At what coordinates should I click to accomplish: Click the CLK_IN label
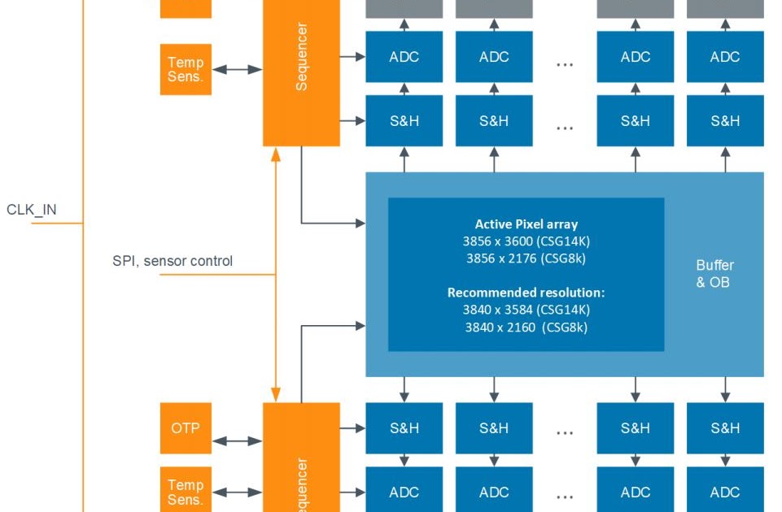(x=32, y=210)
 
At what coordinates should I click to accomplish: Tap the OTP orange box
(x=186, y=428)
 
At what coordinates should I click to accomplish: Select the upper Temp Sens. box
(x=186, y=69)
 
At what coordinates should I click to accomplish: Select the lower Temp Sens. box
(x=186, y=492)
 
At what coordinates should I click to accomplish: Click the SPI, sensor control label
(x=173, y=261)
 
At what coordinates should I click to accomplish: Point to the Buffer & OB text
(x=714, y=274)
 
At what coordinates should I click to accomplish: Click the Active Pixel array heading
(x=526, y=224)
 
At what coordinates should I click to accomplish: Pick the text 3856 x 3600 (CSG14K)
(x=526, y=241)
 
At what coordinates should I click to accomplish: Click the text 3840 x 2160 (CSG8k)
(x=526, y=328)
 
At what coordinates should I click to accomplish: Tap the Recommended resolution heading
(x=526, y=293)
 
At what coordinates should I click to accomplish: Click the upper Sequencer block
(x=301, y=73)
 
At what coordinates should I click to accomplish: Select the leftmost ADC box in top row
(x=404, y=57)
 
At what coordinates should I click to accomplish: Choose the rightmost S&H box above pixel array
(x=725, y=121)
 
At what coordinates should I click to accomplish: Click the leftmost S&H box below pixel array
(x=404, y=428)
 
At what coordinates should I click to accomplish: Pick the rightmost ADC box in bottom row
(x=725, y=492)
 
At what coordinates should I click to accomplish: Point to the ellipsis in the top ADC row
(x=565, y=62)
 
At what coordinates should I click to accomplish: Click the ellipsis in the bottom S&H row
(x=565, y=433)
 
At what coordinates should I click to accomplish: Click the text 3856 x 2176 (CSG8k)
(x=526, y=258)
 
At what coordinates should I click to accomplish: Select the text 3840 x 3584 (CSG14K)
(x=526, y=310)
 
